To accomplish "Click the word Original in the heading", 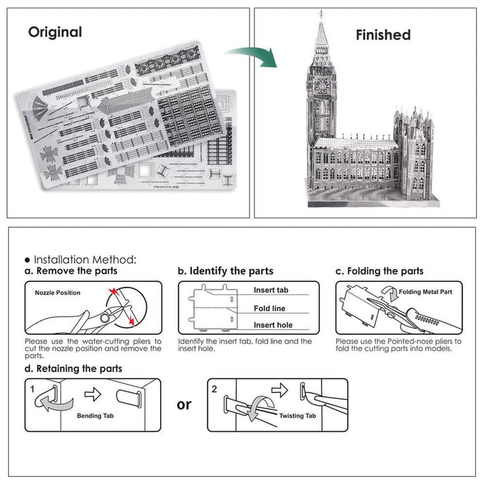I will click(x=55, y=32).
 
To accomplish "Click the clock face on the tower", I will click(x=322, y=85).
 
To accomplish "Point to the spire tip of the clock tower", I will click(x=321, y=13).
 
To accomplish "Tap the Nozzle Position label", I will click(x=58, y=292).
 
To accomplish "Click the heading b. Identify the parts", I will click(x=225, y=271).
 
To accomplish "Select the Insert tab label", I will click(x=271, y=290).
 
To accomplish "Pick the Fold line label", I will click(x=270, y=308).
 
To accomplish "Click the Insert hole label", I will click(x=272, y=325).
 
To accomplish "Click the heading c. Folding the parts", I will click(x=379, y=271).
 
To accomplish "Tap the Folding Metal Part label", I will click(x=425, y=292).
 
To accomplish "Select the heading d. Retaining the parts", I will click(x=73, y=369).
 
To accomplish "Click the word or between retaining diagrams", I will click(x=184, y=404).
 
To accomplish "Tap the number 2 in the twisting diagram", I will click(x=214, y=389).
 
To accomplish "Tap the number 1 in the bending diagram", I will click(x=33, y=389).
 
